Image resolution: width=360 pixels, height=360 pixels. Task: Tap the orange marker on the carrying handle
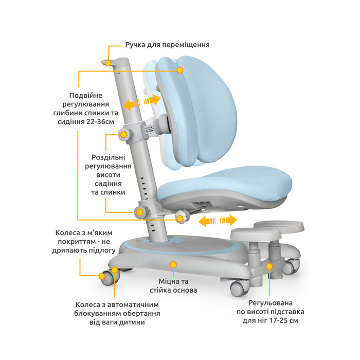point(108,63)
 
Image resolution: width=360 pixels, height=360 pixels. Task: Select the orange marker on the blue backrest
point(180,70)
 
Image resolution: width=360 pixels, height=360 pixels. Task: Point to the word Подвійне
point(86,96)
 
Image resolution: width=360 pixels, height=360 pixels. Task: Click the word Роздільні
point(108,157)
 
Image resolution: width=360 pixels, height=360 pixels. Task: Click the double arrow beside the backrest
point(141,102)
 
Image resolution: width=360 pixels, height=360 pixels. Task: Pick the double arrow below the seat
point(218,221)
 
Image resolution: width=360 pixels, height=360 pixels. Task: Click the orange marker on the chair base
point(173,264)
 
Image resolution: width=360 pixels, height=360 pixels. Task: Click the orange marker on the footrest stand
point(269,266)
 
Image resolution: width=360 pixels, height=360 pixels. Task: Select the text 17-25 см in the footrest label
point(284,320)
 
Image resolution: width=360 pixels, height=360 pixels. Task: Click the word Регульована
point(270,303)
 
